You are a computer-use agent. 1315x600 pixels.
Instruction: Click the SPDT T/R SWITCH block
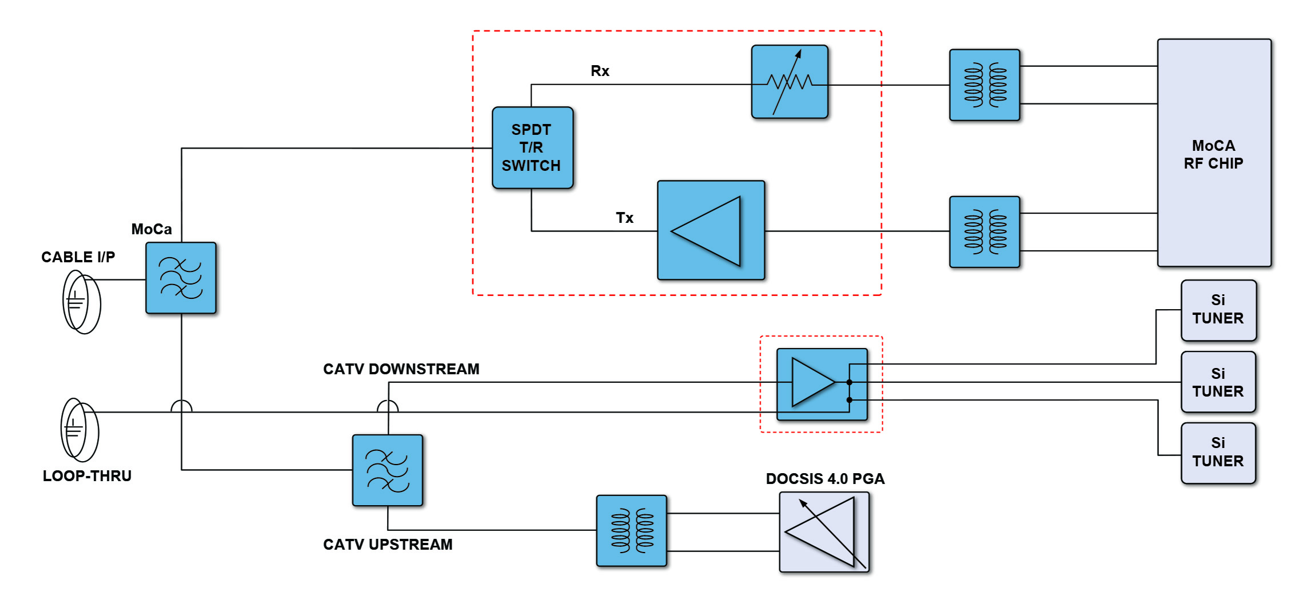[x=532, y=147]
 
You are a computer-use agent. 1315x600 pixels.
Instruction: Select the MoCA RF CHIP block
[x=1214, y=153]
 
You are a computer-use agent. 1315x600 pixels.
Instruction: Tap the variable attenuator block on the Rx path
[x=790, y=82]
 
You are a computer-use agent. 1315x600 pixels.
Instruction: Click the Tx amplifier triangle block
[x=711, y=230]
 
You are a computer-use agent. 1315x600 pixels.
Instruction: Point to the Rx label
[x=600, y=71]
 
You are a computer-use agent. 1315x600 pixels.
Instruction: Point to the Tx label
[x=624, y=218]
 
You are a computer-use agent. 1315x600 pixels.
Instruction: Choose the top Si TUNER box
[x=1218, y=310]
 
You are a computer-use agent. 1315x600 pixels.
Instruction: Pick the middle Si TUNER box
[x=1218, y=382]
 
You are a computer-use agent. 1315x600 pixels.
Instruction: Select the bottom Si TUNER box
[x=1218, y=453]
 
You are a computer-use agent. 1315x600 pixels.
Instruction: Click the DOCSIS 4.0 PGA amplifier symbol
[x=824, y=532]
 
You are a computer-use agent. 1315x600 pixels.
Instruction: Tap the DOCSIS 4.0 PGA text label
[x=825, y=479]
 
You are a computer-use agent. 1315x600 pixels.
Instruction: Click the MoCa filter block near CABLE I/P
[x=181, y=278]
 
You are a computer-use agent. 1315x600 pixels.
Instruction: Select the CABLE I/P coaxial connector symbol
[x=81, y=302]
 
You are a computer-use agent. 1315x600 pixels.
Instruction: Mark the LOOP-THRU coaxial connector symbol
[x=79, y=430]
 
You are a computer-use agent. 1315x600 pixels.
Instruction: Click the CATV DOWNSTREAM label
[x=401, y=369]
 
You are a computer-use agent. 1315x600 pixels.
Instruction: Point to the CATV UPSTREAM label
[x=388, y=545]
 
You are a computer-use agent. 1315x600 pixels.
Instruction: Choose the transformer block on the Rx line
[x=985, y=85]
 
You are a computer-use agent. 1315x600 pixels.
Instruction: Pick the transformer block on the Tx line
[x=985, y=232]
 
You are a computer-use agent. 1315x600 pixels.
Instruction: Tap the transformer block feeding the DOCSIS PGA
[x=631, y=531]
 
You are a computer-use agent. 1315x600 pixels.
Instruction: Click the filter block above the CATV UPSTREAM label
[x=388, y=470]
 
